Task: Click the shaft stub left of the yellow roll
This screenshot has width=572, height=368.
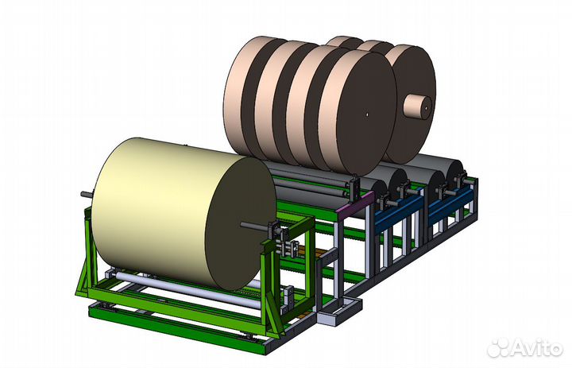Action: tap(87, 193)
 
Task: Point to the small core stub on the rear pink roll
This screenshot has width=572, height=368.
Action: tap(418, 107)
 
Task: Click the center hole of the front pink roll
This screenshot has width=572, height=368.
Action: tap(367, 114)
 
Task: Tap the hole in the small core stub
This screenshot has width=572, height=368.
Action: tap(425, 108)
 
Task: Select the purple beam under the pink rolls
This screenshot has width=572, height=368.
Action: tap(356, 206)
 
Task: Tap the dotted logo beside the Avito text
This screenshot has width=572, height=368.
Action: tap(498, 348)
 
